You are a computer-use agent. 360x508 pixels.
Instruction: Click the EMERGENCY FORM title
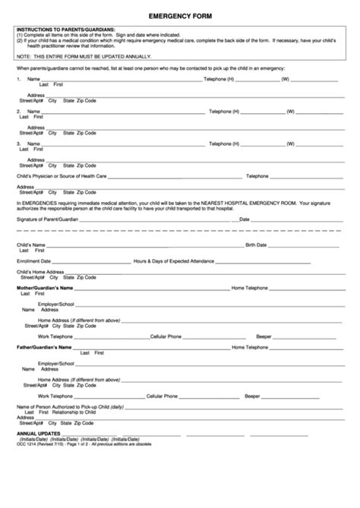(x=179, y=15)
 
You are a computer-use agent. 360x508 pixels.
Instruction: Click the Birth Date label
(x=256, y=245)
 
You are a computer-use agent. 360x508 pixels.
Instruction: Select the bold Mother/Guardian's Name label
(x=45, y=289)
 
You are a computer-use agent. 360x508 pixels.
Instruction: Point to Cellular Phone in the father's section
(x=163, y=396)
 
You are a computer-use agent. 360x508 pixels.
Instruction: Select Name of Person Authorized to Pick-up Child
(x=70, y=408)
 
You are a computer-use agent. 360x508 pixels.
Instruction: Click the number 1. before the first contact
(x=19, y=79)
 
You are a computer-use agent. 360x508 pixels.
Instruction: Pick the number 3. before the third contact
(x=19, y=143)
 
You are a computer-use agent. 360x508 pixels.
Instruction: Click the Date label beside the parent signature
(x=245, y=219)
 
